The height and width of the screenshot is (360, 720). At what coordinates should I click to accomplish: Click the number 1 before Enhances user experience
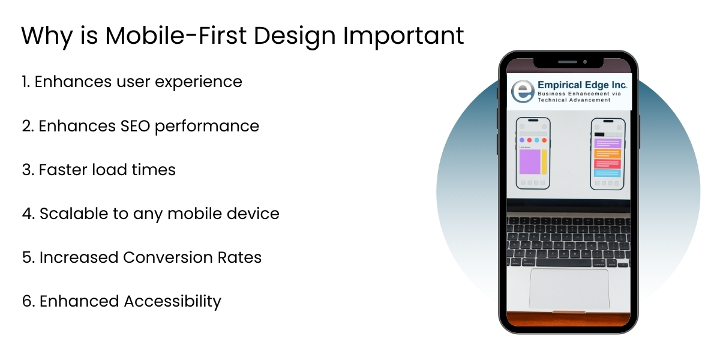[x=25, y=82]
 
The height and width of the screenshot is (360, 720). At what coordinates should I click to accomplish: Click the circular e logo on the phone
[x=521, y=91]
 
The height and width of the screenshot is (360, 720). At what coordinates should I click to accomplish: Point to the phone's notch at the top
[x=568, y=62]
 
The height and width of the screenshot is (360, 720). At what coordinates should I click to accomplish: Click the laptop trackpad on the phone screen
[x=568, y=289]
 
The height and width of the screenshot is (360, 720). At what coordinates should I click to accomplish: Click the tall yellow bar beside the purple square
[x=544, y=162]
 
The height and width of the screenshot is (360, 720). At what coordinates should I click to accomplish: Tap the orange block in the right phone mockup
[x=607, y=154]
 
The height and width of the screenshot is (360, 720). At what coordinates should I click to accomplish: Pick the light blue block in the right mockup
[x=607, y=173]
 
